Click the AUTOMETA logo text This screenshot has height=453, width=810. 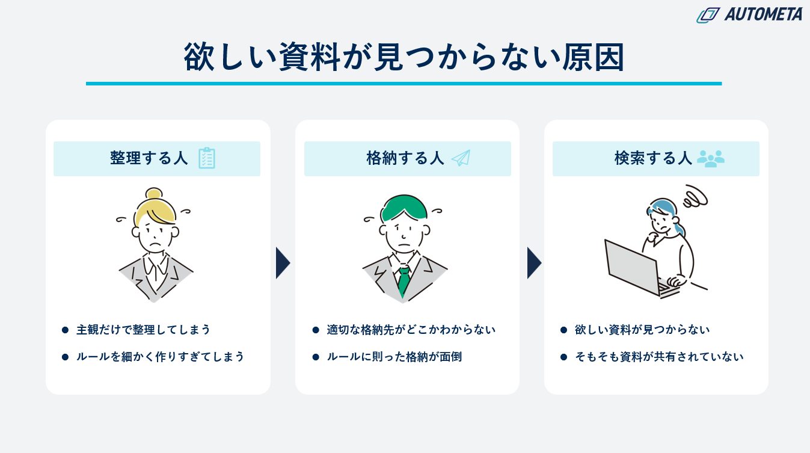coord(763,14)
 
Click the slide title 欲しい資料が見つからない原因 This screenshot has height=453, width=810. coord(404,57)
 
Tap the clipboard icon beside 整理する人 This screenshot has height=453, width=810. coord(207,158)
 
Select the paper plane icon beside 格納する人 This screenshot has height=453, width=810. coord(461,158)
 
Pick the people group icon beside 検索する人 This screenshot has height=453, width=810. coord(711,158)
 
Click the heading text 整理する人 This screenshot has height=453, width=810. coord(149,158)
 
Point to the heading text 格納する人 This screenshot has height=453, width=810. coord(405,158)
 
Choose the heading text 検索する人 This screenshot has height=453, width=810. coord(653,158)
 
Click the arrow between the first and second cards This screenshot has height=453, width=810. coord(283,263)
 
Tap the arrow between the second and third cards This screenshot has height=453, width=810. coord(534,263)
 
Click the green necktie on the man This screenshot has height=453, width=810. coord(403,282)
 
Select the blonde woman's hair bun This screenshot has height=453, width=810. coord(154,194)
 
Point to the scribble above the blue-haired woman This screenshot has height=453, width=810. coord(695,197)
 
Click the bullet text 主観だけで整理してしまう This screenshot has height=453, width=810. coord(143,330)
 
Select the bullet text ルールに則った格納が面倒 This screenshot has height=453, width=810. coord(394,357)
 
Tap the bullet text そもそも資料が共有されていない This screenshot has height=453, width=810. coord(659,357)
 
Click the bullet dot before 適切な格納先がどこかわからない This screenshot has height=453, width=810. coord(316,330)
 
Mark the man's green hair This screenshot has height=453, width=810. coord(404,208)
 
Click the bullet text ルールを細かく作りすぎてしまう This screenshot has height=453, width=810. coord(161,357)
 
